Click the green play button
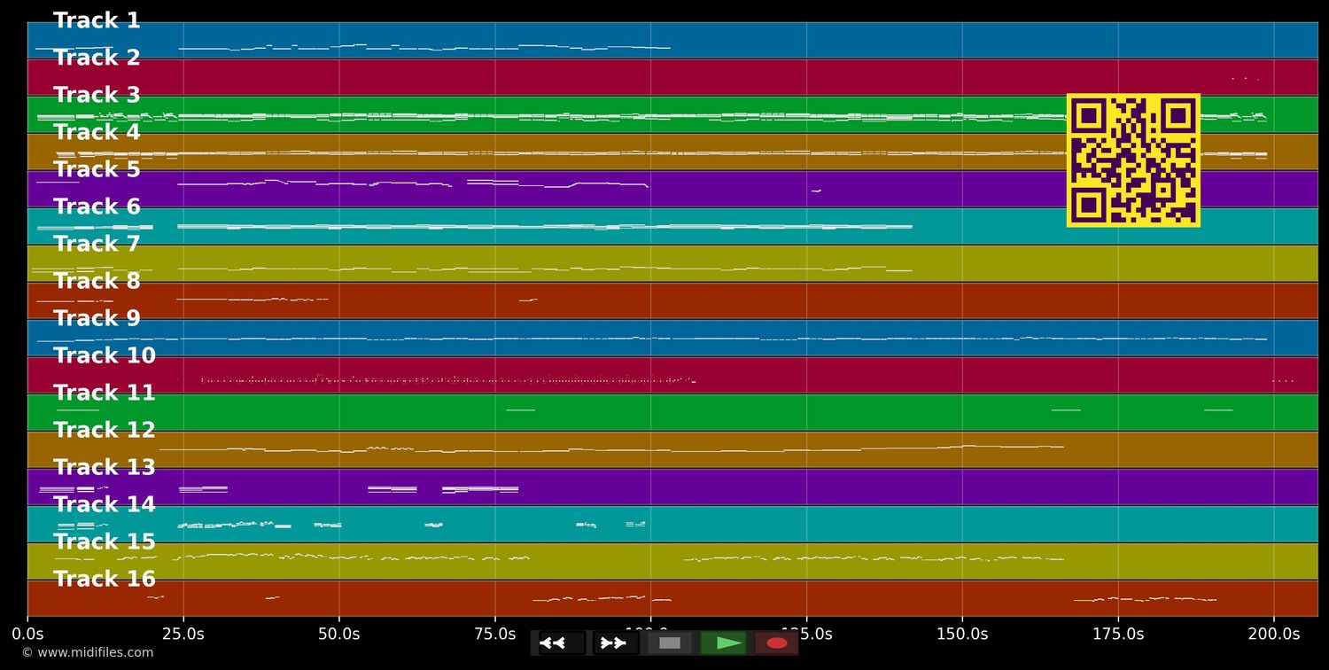tap(724, 643)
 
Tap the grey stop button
tap(670, 643)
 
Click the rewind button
tap(561, 643)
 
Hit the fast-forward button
tap(615, 643)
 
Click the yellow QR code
tap(1133, 160)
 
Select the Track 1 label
tap(97, 21)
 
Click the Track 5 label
tap(97, 170)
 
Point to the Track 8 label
tap(97, 282)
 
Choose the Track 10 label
tap(104, 356)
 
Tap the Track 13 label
tap(104, 468)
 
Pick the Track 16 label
tap(104, 580)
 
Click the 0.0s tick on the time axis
tap(27, 634)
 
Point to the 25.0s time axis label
tap(183, 634)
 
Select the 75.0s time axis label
tap(494, 634)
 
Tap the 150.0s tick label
tap(962, 634)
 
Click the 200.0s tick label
tap(1274, 634)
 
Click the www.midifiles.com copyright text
tap(87, 653)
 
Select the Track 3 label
tap(97, 96)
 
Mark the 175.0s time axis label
tap(1118, 634)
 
